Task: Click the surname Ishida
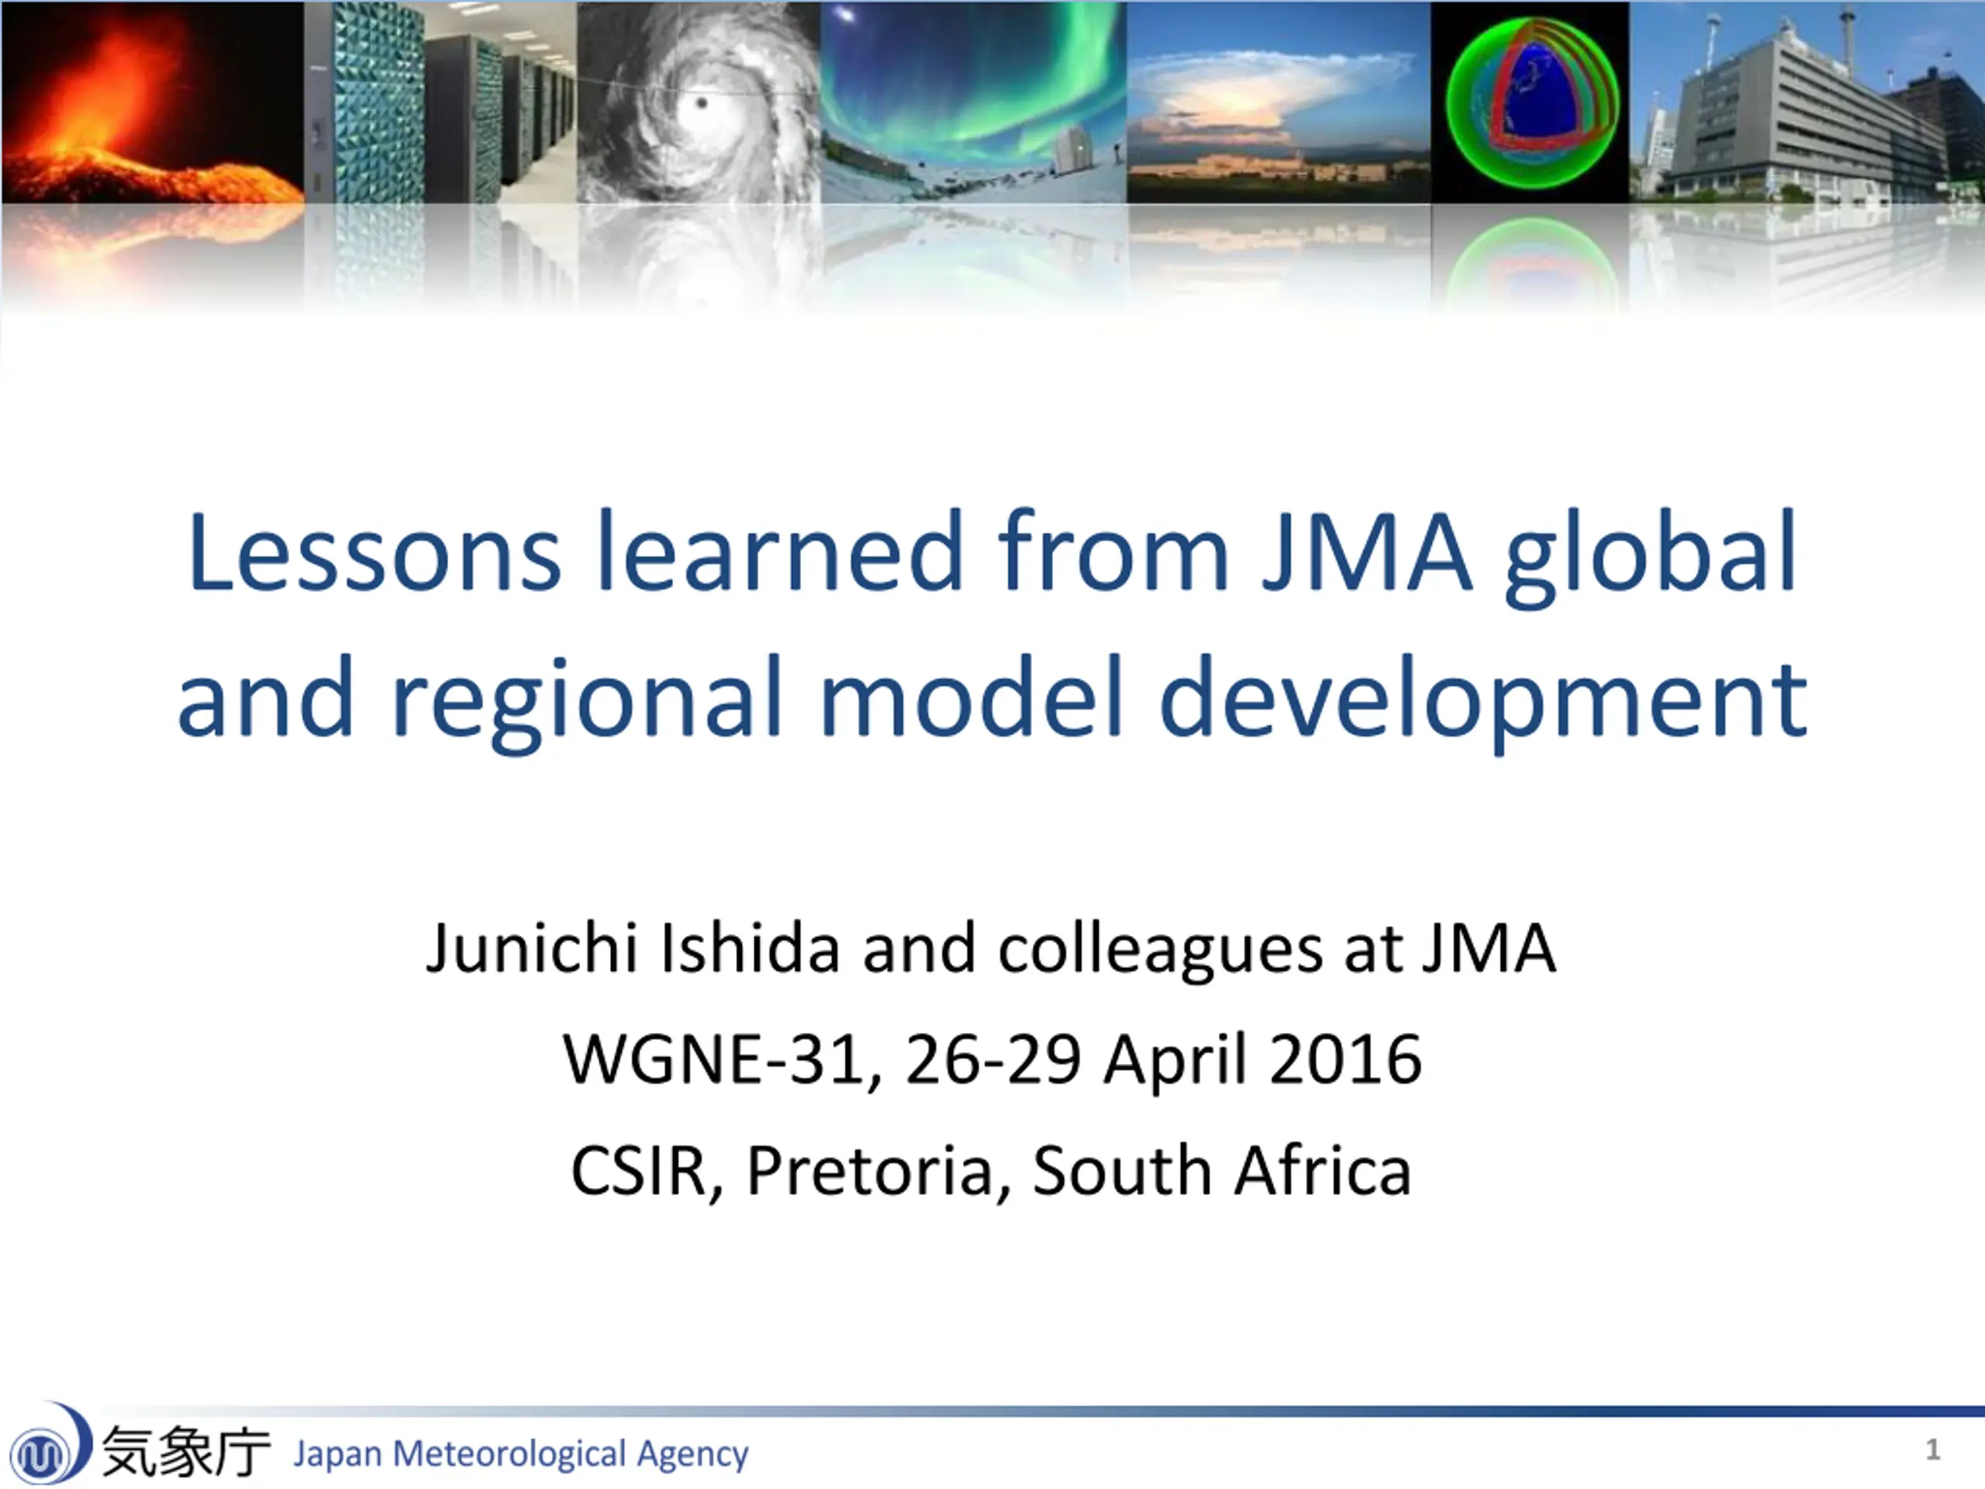coord(751,948)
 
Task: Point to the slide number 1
coord(1932,1449)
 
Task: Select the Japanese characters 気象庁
coord(186,1451)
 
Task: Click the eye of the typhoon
coord(702,103)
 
